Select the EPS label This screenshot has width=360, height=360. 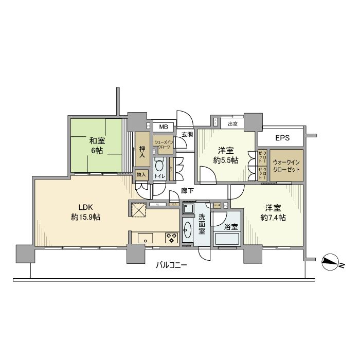click(x=282, y=138)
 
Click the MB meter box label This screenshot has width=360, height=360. click(x=163, y=127)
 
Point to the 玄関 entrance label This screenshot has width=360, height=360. click(x=187, y=135)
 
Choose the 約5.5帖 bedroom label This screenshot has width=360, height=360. click(x=226, y=155)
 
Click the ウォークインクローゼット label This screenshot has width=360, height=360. click(x=286, y=166)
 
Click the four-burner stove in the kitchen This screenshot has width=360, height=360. click(x=171, y=238)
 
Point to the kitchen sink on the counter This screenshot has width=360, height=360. click(x=145, y=238)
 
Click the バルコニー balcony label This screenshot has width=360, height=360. click(x=172, y=266)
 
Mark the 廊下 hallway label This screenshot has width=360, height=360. click(x=187, y=191)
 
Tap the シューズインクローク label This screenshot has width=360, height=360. click(x=164, y=144)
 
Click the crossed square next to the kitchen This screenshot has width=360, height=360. click(x=138, y=211)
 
